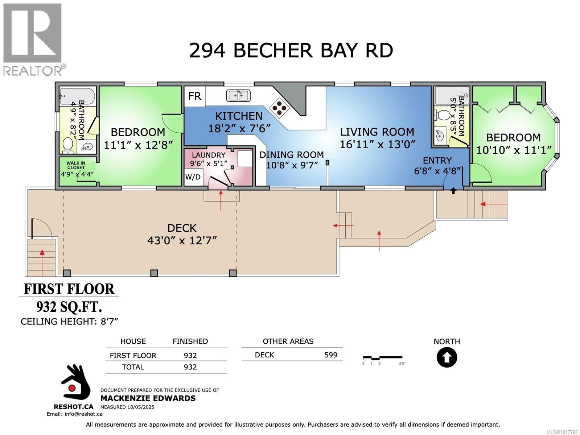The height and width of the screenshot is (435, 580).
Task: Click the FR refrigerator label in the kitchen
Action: (x=194, y=96)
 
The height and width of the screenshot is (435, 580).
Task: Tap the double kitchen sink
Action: (x=238, y=96)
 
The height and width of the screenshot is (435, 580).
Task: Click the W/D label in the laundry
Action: (x=193, y=177)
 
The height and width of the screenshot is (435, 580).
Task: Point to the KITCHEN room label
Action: (x=239, y=116)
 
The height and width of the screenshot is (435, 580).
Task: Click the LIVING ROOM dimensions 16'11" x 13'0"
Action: (x=377, y=144)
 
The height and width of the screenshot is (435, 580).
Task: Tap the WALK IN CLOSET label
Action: (x=76, y=166)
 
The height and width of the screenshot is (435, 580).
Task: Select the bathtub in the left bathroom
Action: (x=77, y=96)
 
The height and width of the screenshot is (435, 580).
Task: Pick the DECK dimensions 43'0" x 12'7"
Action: (x=182, y=241)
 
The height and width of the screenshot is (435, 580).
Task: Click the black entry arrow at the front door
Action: (x=453, y=191)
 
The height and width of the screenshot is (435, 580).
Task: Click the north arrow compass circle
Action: (x=447, y=357)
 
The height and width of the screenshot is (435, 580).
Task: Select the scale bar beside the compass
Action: (x=383, y=358)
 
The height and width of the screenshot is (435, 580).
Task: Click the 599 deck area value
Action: (x=331, y=355)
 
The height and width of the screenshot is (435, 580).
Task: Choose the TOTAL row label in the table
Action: (x=133, y=367)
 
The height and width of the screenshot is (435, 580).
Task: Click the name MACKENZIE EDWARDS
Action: (x=148, y=398)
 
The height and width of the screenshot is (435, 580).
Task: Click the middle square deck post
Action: (x=154, y=273)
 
